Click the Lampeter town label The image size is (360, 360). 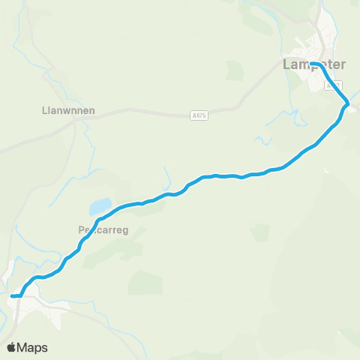314,64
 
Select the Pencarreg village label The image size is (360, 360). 103,231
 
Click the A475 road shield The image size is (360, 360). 199,115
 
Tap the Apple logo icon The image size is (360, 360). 13,347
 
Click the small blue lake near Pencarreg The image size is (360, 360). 100,205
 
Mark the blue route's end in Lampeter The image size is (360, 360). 311,64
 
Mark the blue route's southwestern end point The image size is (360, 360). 13,296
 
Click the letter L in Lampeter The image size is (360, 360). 287,65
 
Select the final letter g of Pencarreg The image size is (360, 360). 127,232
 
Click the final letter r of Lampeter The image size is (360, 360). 343,64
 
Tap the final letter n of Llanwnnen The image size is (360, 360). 91,109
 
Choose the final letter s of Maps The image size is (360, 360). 45,348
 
